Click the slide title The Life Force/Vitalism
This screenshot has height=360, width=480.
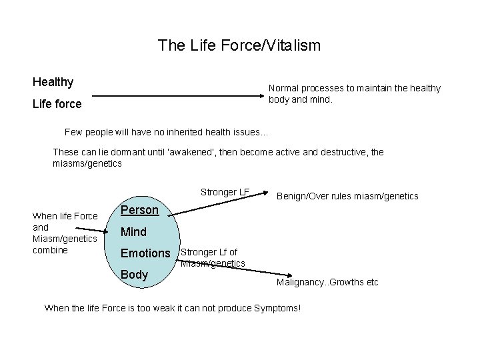(x=239, y=45)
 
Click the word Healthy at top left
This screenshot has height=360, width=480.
(x=53, y=83)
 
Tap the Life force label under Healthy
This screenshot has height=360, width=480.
(x=57, y=104)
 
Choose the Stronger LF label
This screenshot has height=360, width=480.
(x=225, y=193)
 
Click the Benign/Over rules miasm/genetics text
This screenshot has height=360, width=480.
(x=347, y=196)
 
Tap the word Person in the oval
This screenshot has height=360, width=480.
(x=139, y=210)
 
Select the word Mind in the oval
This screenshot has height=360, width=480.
(x=133, y=232)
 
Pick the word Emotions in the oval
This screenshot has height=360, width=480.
(x=145, y=253)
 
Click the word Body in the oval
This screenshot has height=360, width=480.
(x=135, y=275)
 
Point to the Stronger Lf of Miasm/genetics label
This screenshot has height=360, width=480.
(x=213, y=258)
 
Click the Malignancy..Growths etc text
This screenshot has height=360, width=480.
(x=327, y=282)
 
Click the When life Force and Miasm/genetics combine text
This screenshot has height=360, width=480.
(x=65, y=233)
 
